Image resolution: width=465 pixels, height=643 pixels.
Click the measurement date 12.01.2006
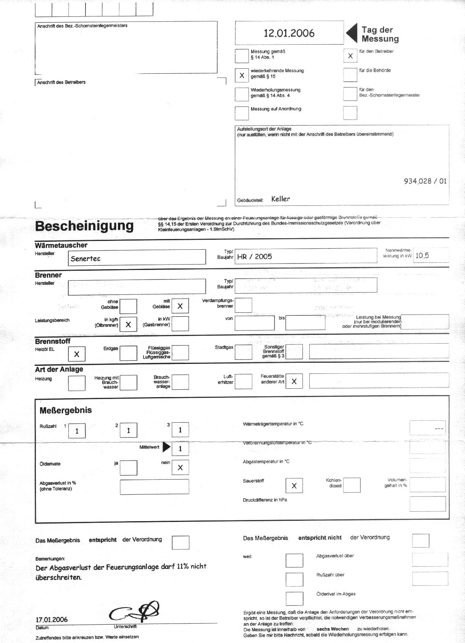tap(289, 33)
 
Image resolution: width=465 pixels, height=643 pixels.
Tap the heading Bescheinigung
tap(84, 226)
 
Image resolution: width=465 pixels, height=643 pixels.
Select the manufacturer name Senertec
tap(86, 258)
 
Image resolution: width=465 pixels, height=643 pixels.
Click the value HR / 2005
tap(254, 257)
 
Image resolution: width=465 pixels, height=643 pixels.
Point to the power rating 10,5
tap(422, 255)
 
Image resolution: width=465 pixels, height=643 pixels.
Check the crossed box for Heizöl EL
tap(76, 354)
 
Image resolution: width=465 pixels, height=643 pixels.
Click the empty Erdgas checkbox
tap(128, 353)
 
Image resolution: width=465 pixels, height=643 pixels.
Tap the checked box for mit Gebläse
tap(180, 306)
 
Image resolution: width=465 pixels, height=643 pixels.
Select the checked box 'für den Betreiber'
tap(350, 56)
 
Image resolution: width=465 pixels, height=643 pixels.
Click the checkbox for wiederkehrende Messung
tap(242, 75)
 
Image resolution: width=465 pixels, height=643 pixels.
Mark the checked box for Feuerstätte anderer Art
tap(294, 381)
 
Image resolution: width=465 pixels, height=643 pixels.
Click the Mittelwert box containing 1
tap(180, 449)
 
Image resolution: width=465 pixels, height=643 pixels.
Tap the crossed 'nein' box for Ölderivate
tap(180, 467)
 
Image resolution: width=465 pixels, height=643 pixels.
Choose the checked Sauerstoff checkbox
tap(294, 485)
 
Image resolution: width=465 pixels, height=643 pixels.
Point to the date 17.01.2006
tap(52, 619)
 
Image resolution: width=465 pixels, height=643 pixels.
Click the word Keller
tap(281, 199)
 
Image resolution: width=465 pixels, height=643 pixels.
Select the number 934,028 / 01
tap(425, 181)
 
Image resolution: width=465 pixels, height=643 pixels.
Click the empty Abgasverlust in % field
tap(154, 486)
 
